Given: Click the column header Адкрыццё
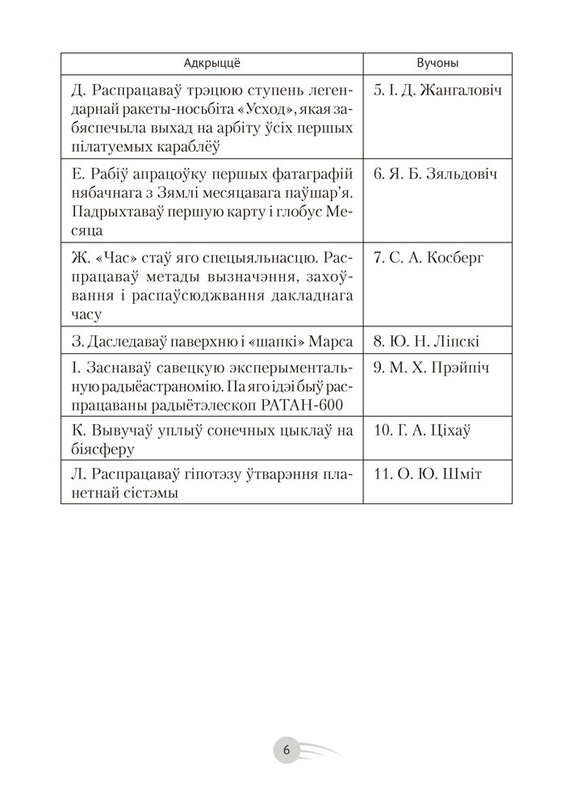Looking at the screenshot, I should [x=212, y=63].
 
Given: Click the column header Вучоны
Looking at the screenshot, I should [x=439, y=63].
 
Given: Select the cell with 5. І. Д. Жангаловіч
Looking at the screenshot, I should [x=438, y=90].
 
